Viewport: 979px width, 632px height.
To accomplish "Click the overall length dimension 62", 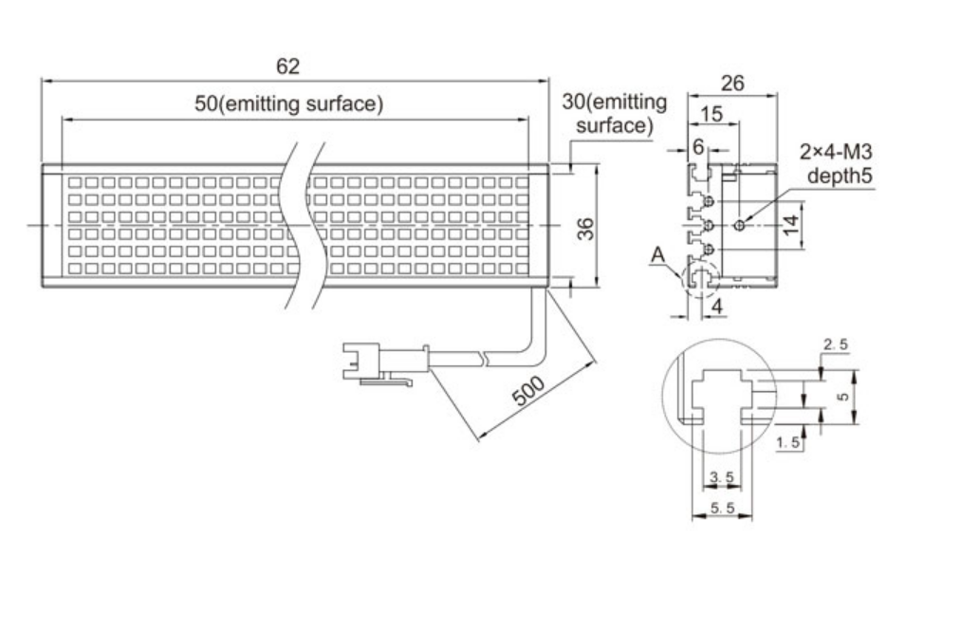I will pyautogui.click(x=287, y=66).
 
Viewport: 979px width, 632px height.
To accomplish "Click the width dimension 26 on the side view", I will pyautogui.click(x=731, y=84).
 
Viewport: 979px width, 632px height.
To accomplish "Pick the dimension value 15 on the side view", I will pyautogui.click(x=711, y=115).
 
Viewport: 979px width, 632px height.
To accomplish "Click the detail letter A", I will pyautogui.click(x=656, y=254).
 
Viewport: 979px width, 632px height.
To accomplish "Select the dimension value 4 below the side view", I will pyautogui.click(x=717, y=307).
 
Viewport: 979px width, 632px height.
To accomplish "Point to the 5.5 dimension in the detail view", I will pyautogui.click(x=723, y=510).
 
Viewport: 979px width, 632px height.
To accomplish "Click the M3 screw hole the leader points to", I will pyautogui.click(x=740, y=224).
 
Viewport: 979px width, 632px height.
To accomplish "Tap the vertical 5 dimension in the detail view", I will pyautogui.click(x=842, y=398).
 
